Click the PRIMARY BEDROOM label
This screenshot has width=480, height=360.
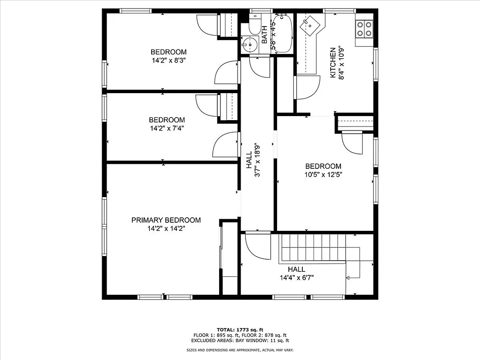166,220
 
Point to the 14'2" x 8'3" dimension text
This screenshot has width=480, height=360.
168,60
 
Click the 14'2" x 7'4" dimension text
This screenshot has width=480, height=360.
166,128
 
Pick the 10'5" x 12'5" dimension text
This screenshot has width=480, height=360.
323,175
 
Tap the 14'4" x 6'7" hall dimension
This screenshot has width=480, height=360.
296,278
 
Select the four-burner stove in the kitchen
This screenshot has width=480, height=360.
364,28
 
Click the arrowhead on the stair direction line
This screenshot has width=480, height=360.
348,278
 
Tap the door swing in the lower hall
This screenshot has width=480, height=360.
256,246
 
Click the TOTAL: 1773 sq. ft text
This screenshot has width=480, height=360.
240,329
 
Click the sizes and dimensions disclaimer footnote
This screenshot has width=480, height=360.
240,350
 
